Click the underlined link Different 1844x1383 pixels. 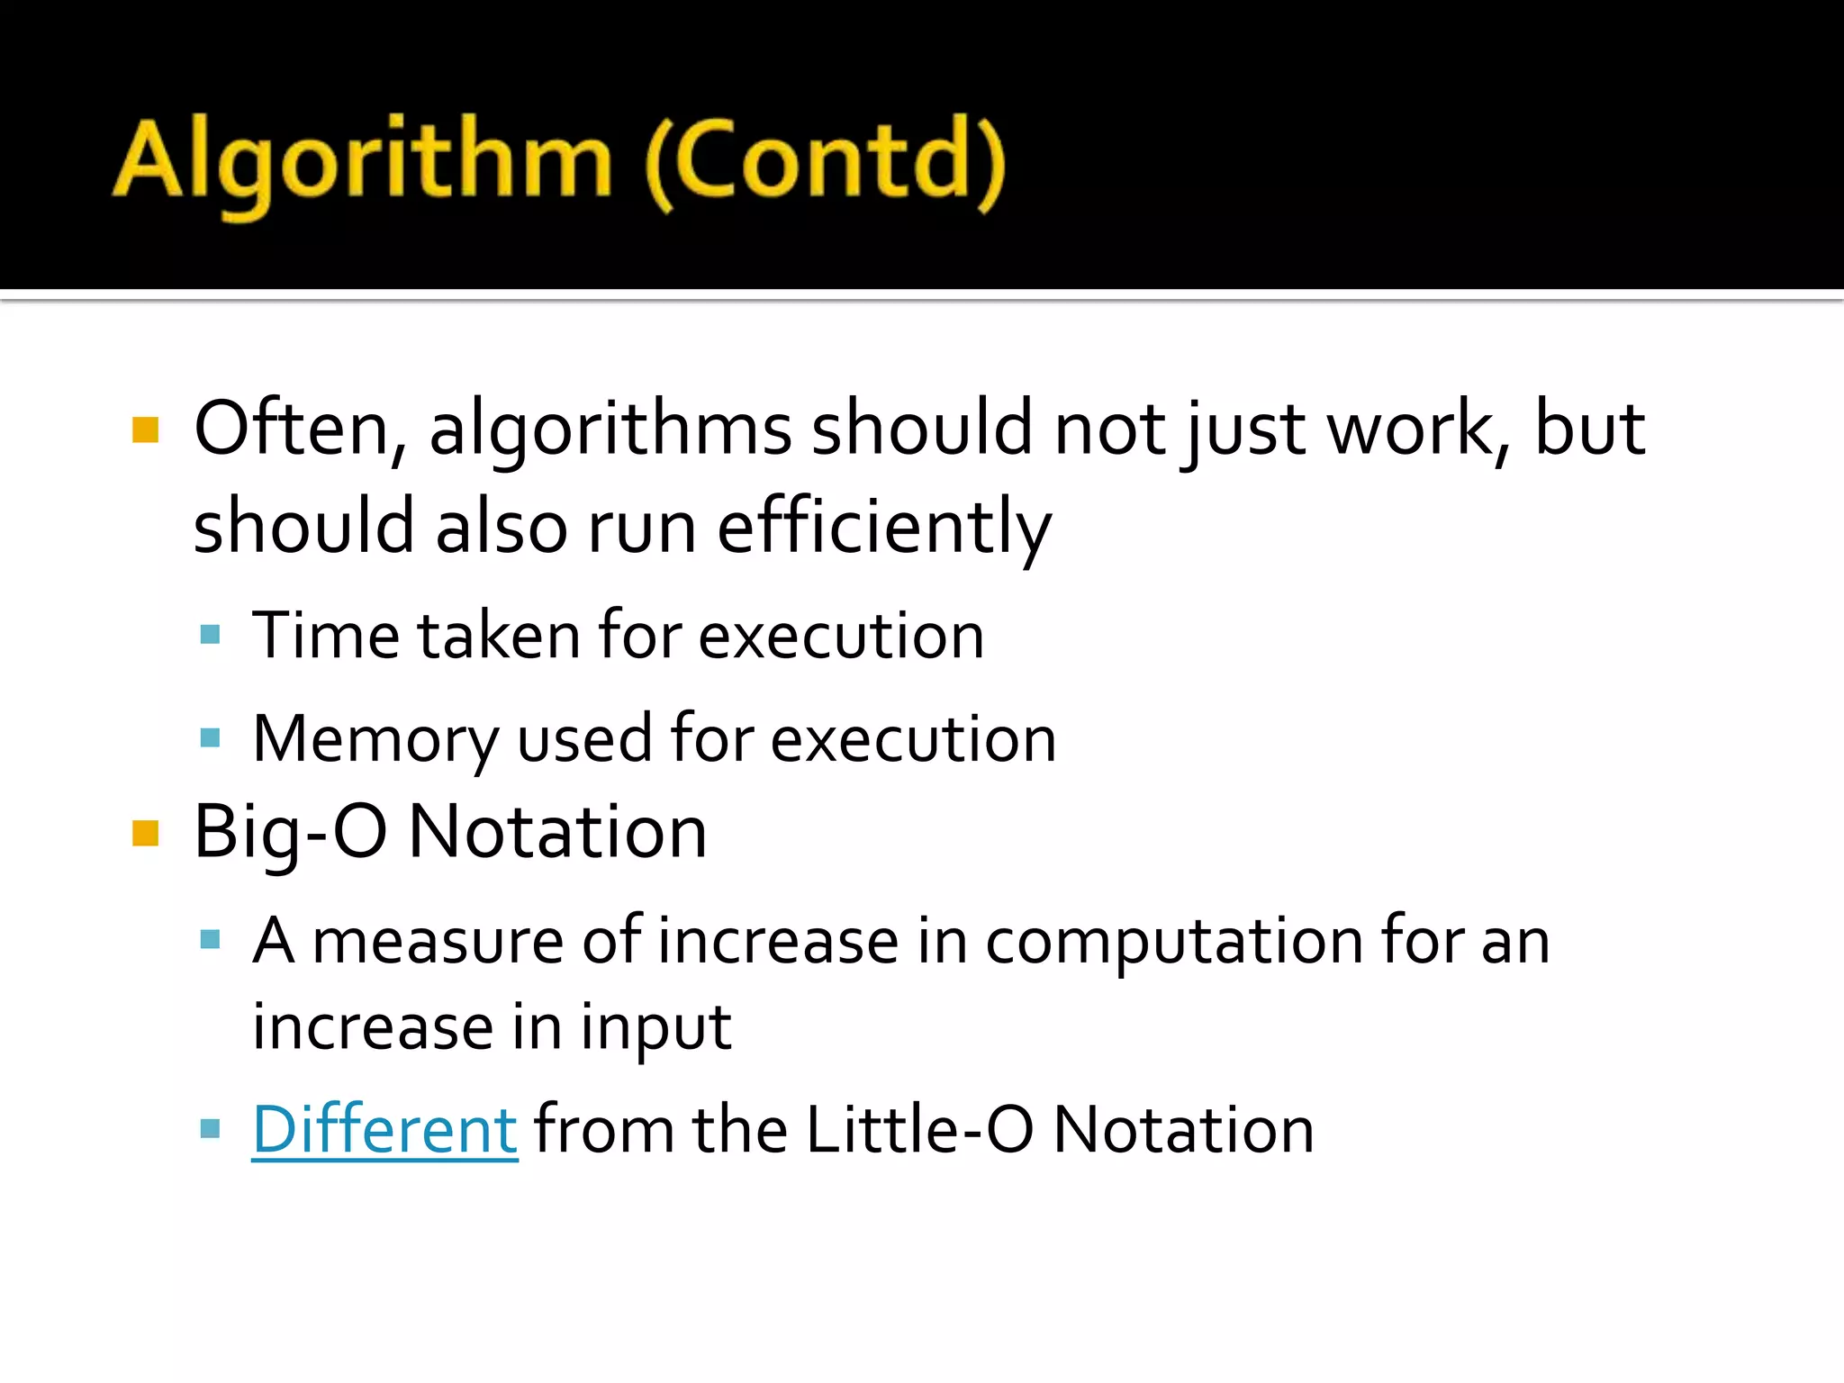coord(384,1129)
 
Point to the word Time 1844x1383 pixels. coord(324,636)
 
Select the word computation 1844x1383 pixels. coord(1174,941)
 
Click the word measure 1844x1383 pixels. coord(437,941)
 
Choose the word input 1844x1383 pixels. coord(655,1027)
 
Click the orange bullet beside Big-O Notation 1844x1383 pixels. coord(145,834)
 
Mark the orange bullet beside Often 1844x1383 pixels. coord(145,430)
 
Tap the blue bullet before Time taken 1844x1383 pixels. coord(211,635)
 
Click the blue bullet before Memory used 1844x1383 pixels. coord(211,739)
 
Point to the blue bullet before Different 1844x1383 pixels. coord(211,1128)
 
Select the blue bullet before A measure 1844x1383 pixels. coord(211,940)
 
